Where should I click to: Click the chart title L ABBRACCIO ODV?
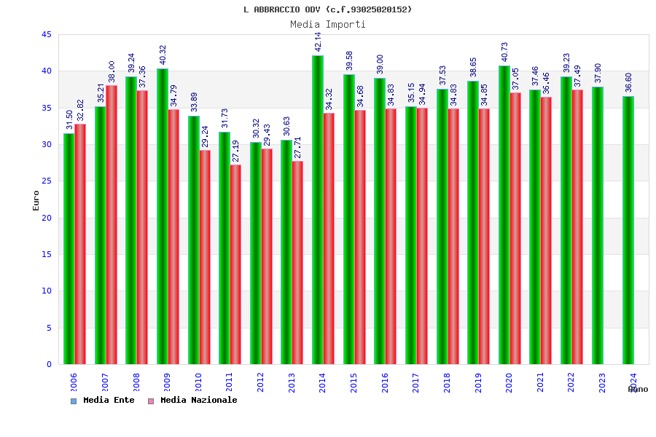click(327, 9)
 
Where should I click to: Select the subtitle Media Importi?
click(327, 24)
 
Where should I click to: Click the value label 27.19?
click(236, 151)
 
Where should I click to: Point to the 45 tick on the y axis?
click(47, 35)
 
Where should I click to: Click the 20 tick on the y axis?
click(47, 218)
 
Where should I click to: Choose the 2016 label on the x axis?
click(385, 383)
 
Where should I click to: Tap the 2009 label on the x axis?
click(167, 383)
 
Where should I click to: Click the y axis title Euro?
click(36, 200)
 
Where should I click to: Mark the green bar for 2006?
click(69, 248)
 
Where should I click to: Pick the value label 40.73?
click(504, 51)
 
